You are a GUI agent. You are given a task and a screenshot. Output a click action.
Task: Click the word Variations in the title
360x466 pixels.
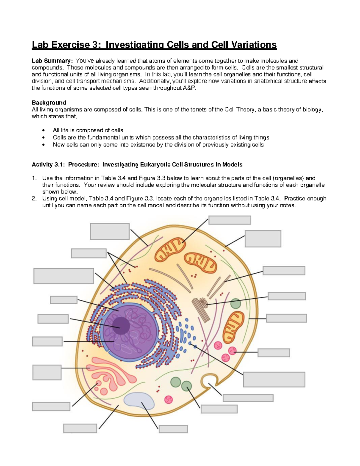tap(254, 45)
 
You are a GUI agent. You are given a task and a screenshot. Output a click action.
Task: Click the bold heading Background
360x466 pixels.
tap(49, 103)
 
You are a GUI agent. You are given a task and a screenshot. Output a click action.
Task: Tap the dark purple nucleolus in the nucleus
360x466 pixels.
tap(121, 325)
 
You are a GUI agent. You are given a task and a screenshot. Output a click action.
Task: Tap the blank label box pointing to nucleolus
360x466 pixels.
tap(53, 319)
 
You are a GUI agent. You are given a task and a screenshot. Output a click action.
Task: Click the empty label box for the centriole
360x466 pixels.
tap(286, 296)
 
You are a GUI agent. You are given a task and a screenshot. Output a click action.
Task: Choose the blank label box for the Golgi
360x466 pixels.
tap(47, 372)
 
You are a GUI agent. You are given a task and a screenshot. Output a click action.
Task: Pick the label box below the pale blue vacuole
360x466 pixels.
tap(173, 429)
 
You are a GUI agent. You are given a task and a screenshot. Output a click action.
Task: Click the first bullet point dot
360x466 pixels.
tap(44, 131)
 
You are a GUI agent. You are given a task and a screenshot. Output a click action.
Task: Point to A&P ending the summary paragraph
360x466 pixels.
tap(189, 88)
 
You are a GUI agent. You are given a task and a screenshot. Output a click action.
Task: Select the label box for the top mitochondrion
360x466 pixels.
tap(229, 220)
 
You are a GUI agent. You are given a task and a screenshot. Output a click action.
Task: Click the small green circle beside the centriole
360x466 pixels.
tap(236, 304)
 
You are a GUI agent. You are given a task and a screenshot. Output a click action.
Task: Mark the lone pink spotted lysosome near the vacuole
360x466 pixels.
tap(169, 399)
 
